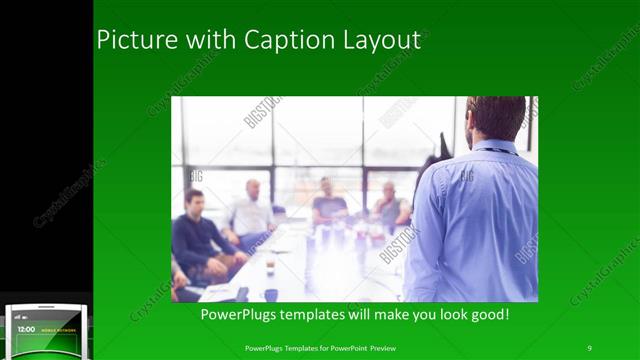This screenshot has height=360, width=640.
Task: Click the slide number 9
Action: coord(589,347)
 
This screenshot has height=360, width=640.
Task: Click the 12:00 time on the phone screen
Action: coord(26,329)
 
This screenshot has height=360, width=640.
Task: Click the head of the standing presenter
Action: coord(496,118)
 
